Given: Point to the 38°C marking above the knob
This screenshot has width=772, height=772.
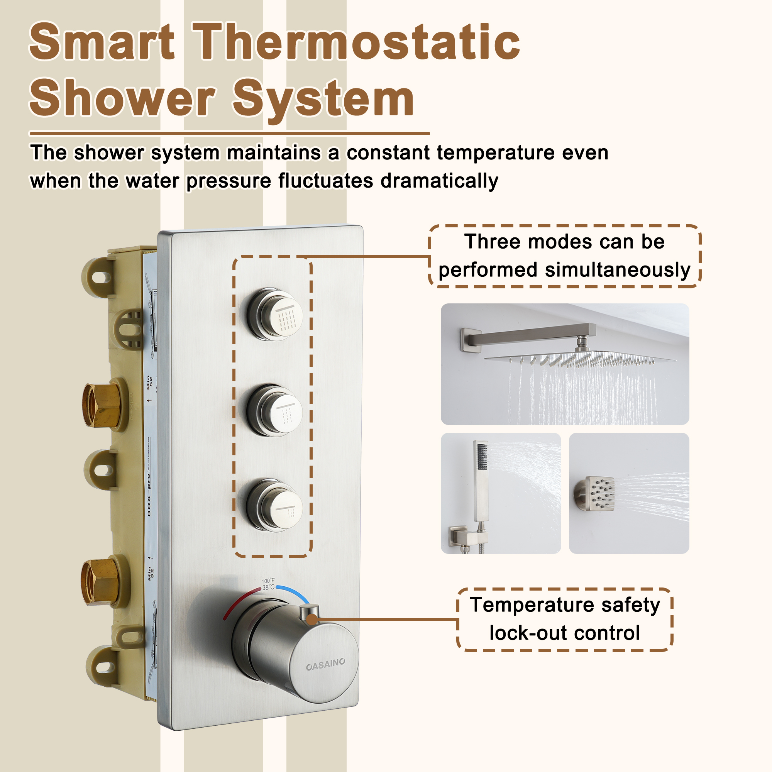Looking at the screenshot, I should (x=268, y=587).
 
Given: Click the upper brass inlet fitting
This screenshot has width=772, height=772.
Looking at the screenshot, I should (x=102, y=405).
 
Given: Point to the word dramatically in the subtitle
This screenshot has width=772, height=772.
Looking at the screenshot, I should (x=439, y=181).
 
